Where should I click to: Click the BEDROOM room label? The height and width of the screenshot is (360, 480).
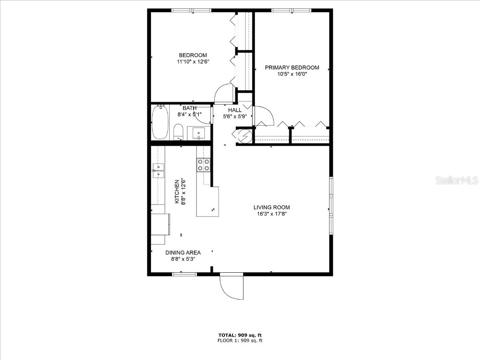pyautogui.click(x=193, y=55)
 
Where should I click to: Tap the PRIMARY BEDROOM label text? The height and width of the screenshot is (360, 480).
pyautogui.click(x=292, y=67)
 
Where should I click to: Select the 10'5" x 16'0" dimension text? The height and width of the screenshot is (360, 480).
pyautogui.click(x=292, y=74)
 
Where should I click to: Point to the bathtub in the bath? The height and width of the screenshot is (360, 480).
pyautogui.click(x=160, y=122)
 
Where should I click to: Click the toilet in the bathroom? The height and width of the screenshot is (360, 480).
pyautogui.click(x=178, y=131)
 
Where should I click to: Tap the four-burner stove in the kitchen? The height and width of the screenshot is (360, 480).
pyautogui.click(x=203, y=165)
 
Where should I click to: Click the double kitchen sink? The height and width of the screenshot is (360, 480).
pyautogui.click(x=158, y=171)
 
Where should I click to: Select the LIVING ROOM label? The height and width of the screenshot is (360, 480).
pyautogui.click(x=271, y=207)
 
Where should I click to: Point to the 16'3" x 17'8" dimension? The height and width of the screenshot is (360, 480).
pyautogui.click(x=271, y=214)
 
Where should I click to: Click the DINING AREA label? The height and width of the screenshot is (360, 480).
pyautogui.click(x=183, y=253)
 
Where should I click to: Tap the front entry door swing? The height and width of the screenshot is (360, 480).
pyautogui.click(x=232, y=285)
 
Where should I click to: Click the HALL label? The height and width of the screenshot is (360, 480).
pyautogui.click(x=235, y=110)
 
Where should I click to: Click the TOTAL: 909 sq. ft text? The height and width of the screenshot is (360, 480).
pyautogui.click(x=240, y=335)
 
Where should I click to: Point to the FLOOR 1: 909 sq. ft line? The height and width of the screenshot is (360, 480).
pyautogui.click(x=240, y=341)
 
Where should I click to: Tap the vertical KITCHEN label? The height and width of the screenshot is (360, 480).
pyautogui.click(x=177, y=192)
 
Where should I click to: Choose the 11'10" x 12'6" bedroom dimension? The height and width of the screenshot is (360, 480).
pyautogui.click(x=193, y=61)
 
